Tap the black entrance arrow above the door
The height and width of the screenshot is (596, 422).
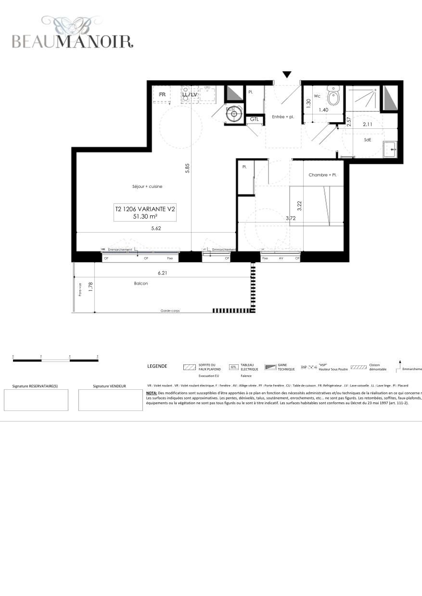[x=287, y=74]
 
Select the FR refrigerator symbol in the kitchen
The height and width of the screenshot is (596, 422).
[x=162, y=94]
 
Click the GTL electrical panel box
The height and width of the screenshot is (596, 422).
[x=255, y=119]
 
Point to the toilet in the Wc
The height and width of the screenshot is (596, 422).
[x=333, y=98]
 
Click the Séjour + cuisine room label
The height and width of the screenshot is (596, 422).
[x=147, y=186]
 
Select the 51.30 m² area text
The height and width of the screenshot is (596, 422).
[x=145, y=217]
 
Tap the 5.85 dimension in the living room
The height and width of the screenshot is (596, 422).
[x=188, y=168]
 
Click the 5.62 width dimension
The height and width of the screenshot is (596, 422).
[x=156, y=229]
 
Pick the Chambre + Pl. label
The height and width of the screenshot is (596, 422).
[x=322, y=175]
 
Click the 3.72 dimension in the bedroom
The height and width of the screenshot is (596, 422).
[x=291, y=219]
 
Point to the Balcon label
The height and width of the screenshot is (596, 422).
[x=141, y=284]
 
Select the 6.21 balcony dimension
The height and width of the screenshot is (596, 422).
[x=163, y=273]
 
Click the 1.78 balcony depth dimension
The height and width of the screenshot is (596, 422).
[x=90, y=286]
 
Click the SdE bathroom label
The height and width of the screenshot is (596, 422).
[x=368, y=140]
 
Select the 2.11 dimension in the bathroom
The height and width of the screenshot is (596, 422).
[x=368, y=124]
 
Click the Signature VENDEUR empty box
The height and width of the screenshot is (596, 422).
[x=109, y=400]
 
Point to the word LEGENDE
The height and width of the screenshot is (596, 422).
[x=157, y=366]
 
